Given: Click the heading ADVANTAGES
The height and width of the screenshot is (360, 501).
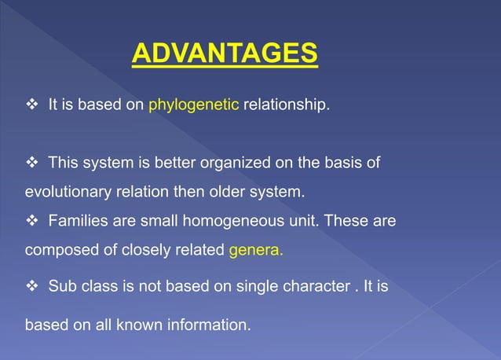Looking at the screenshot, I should click(x=225, y=53).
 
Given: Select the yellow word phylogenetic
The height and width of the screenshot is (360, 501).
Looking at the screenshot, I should click(x=193, y=105).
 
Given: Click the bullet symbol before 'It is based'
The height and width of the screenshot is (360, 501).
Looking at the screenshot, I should click(x=31, y=105).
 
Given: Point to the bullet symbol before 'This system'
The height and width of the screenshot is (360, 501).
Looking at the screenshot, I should click(x=31, y=163).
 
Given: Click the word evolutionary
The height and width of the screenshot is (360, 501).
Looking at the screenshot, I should click(x=67, y=192).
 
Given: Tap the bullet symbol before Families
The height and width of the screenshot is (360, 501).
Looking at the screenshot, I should click(x=31, y=222).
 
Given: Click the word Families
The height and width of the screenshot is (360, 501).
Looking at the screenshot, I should click(x=76, y=222).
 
